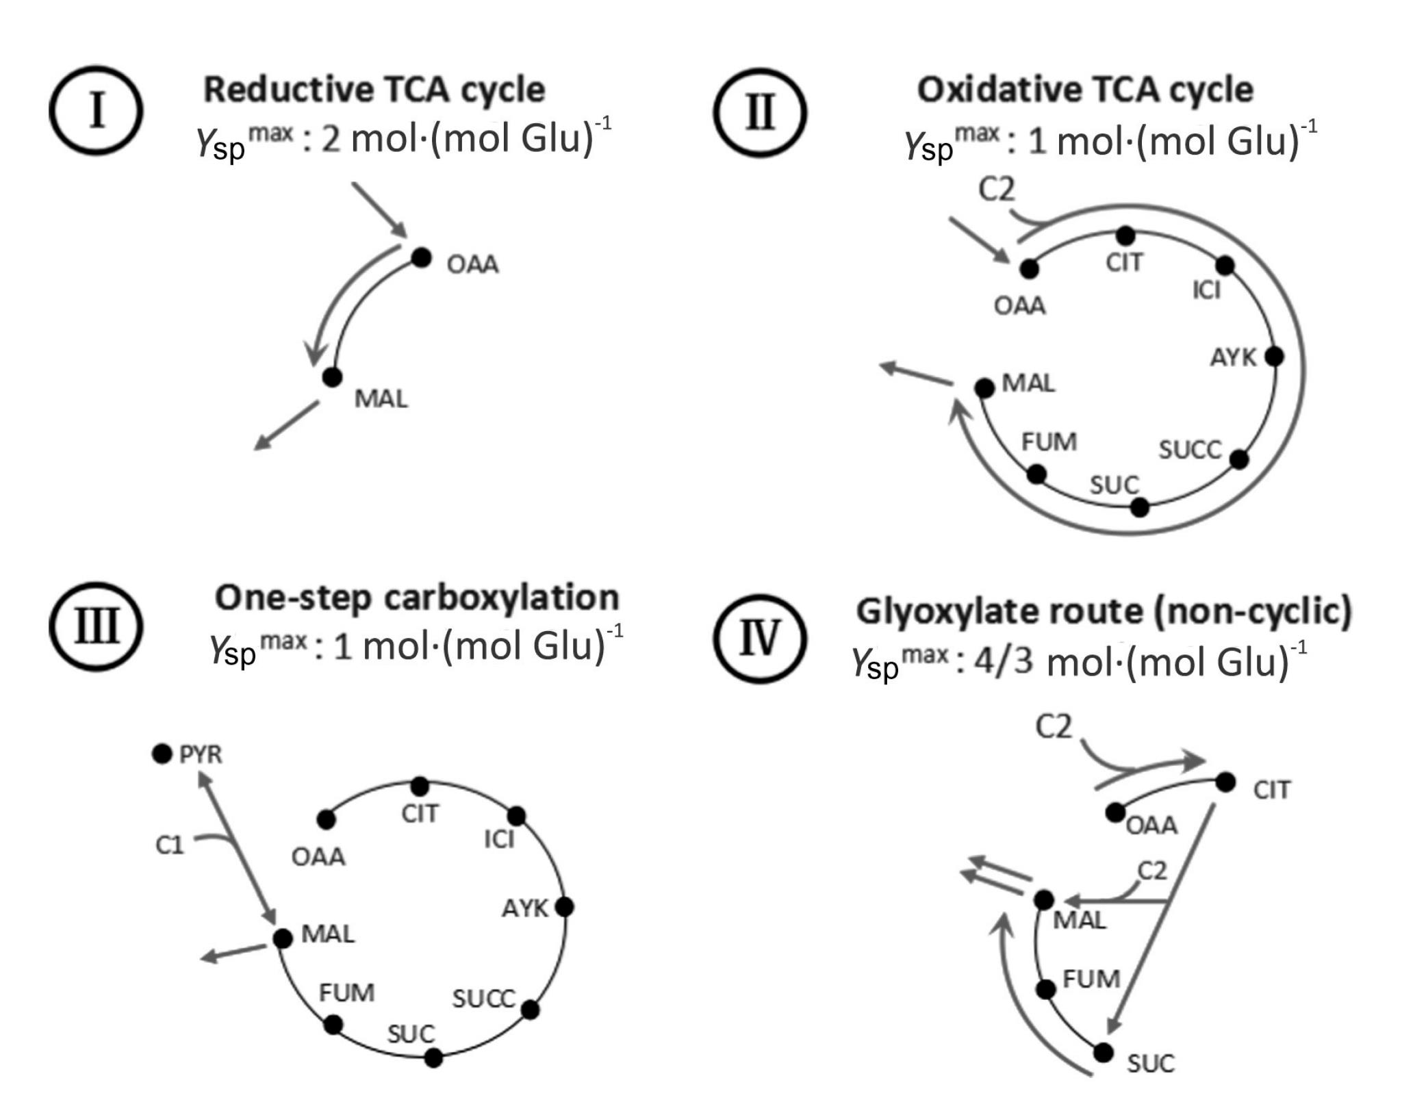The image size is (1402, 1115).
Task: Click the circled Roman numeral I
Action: pos(96,111)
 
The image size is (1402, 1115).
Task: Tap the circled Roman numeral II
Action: pos(760,112)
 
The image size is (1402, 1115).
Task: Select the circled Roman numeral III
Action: pos(96,627)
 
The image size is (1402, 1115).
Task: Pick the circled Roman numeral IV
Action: pos(760,638)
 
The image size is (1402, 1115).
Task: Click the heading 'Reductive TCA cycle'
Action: pos(374,90)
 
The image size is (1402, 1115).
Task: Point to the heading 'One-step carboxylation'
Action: pos(416,598)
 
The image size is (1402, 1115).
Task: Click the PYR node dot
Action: pos(162,754)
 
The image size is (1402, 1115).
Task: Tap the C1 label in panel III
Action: pos(170,845)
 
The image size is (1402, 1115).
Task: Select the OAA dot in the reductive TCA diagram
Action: pos(422,258)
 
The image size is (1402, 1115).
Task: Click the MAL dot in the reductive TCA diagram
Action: pos(332,376)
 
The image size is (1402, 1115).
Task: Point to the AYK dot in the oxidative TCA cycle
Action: pos(1274,356)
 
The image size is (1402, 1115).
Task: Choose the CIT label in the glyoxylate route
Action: pos(1271,790)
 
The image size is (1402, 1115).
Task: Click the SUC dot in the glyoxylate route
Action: pos(1103,1053)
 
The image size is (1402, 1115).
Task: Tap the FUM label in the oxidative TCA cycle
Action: pos(1049,442)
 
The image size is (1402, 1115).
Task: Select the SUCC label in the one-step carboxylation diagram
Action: pos(483,999)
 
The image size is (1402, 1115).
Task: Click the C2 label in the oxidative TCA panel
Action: pos(996,190)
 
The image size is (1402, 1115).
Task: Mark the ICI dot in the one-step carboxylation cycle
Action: pos(517,816)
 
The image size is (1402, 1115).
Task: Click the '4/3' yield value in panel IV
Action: pos(1003,663)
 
